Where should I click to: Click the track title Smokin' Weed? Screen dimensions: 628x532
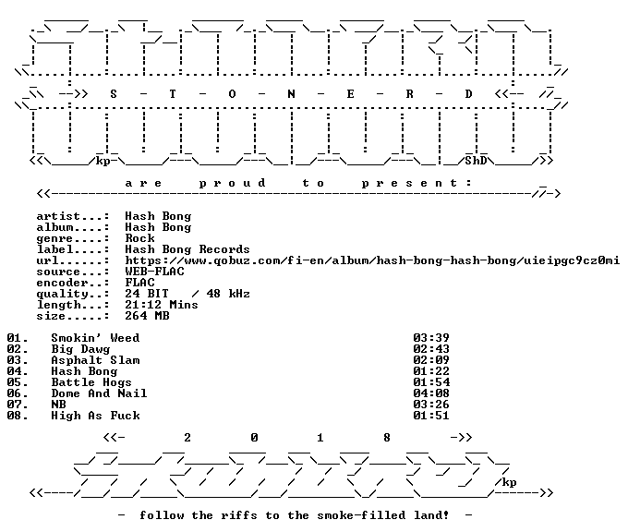[95, 338]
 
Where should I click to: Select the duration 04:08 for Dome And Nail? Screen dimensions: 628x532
[431, 393]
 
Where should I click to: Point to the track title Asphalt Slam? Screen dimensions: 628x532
[95, 360]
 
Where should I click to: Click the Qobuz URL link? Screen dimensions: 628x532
[372, 260]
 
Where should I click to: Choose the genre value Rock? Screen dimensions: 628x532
[139, 238]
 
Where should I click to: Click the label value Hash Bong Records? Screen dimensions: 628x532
[187, 249]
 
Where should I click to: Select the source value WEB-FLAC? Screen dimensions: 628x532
[154, 272]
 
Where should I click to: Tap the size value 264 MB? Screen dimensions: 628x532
[147, 316]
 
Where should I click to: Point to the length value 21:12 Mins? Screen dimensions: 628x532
[162, 305]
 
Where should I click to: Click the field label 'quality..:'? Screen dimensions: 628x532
[73, 295]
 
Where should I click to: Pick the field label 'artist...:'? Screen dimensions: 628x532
[73, 216]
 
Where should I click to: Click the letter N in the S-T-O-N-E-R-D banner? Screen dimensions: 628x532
[291, 94]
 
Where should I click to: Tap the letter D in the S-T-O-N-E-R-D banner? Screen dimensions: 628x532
[468, 94]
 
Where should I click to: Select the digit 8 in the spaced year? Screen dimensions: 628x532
[386, 438]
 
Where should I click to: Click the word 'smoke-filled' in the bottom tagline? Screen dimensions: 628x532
[361, 515]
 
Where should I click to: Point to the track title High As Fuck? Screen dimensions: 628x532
[95, 416]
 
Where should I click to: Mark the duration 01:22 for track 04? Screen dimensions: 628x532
[431, 371]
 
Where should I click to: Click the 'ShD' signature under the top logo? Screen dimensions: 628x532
[476, 161]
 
